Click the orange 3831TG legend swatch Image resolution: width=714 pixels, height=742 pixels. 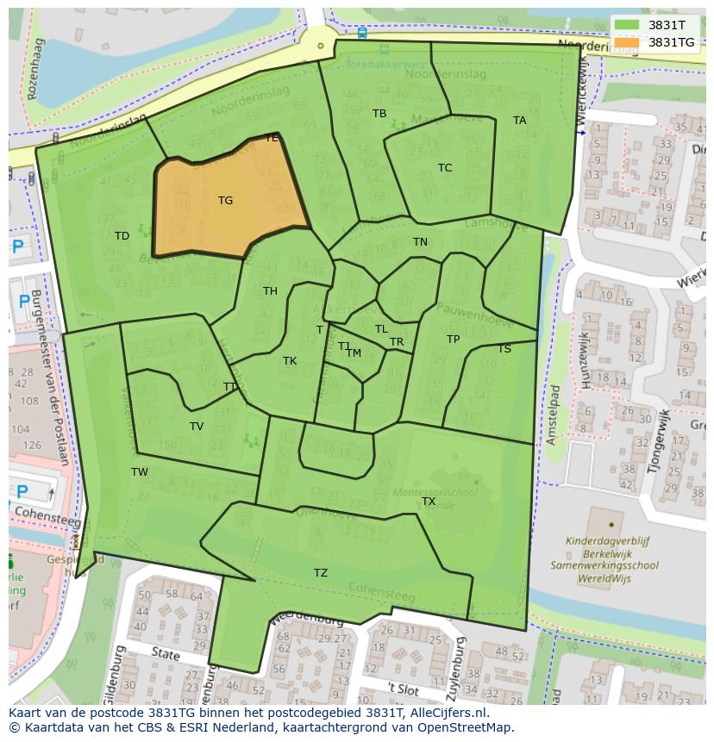pyautogui.click(x=628, y=42)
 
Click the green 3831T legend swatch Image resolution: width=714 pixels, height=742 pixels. pyautogui.click(x=628, y=25)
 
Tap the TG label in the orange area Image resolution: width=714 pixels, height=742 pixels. pyautogui.click(x=225, y=201)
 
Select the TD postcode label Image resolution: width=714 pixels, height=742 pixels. pyautogui.click(x=122, y=236)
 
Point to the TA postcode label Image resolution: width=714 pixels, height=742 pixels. pyautogui.click(x=519, y=121)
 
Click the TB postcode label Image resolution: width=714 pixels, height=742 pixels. pyautogui.click(x=379, y=114)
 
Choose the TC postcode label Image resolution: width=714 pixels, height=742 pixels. pyautogui.click(x=445, y=168)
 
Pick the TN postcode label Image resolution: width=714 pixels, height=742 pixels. pyautogui.click(x=420, y=242)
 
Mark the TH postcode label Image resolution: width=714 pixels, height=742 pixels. pyautogui.click(x=270, y=291)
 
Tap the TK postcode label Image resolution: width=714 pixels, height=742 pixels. pyautogui.click(x=290, y=361)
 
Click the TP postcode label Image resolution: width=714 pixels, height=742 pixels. pyautogui.click(x=453, y=340)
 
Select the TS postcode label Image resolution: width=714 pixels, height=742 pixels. pyautogui.click(x=504, y=349)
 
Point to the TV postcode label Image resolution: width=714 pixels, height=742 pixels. pyautogui.click(x=197, y=427)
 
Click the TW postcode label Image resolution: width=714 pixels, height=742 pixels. pyautogui.click(x=140, y=472)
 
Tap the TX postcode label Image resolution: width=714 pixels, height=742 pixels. pyautogui.click(x=429, y=502)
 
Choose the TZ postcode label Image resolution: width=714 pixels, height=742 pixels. pyautogui.click(x=321, y=573)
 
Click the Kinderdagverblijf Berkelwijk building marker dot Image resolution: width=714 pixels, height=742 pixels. pyautogui.click(x=611, y=524)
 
